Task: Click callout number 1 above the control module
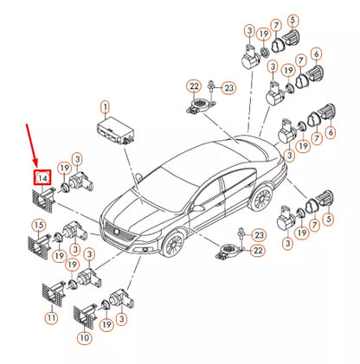click(106, 107)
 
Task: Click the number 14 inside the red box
click(41, 178)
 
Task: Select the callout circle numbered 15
click(37, 227)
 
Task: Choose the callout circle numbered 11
click(51, 318)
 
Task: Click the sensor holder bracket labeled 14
click(42, 197)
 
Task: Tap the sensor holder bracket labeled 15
click(38, 245)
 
